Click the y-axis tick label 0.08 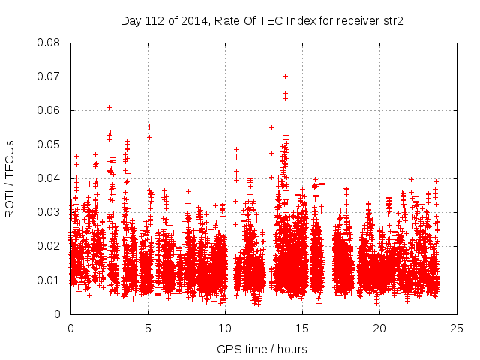(x=49, y=42)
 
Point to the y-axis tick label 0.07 (x=49, y=76)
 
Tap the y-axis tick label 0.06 (x=49, y=110)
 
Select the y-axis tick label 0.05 (x=49, y=144)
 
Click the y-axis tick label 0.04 (x=49, y=178)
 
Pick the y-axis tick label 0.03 (x=49, y=212)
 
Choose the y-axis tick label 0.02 (x=49, y=246)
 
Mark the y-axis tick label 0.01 (x=49, y=280)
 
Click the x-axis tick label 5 (x=148, y=328)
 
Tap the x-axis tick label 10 (x=225, y=328)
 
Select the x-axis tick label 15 (x=302, y=328)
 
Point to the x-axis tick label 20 (x=379, y=328)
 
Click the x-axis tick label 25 (x=457, y=328)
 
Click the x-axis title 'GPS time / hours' (x=262, y=349)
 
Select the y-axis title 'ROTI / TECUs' (x=10, y=178)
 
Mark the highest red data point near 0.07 (x=285, y=76)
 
